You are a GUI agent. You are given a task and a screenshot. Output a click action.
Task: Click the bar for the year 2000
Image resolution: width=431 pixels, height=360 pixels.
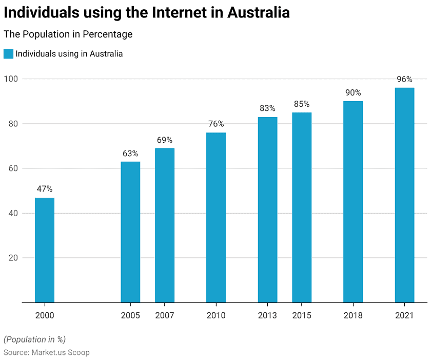pos(45,250)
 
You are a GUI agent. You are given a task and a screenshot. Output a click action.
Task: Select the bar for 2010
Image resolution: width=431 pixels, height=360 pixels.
pos(216,217)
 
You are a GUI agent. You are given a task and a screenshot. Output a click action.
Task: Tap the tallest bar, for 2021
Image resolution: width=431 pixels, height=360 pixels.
pos(404,195)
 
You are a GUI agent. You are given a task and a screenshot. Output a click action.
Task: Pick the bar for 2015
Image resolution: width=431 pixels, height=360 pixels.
pos(302,207)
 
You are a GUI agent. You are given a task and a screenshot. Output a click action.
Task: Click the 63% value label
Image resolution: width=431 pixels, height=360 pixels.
pos(130,153)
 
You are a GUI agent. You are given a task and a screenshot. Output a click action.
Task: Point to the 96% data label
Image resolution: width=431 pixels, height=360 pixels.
pos(404,79)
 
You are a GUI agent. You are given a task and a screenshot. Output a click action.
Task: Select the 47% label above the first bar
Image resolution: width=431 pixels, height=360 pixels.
pos(45,189)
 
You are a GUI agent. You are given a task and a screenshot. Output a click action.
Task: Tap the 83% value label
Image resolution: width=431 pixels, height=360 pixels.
pos(267,108)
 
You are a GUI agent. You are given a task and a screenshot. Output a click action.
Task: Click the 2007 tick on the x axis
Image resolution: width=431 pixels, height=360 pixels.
pos(165,315)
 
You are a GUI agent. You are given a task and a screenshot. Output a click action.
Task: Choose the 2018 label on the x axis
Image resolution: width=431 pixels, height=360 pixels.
pos(353,315)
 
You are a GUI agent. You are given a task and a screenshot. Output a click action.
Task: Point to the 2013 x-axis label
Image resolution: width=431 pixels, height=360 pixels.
pos(267,315)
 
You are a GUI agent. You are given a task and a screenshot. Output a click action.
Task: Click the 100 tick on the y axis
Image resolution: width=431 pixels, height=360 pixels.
pos(11,79)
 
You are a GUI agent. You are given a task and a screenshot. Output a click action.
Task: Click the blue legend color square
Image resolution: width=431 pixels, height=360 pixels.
pos(8,53)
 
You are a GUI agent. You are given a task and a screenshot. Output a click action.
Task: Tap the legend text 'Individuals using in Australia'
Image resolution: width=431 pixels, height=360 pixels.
pos(69,53)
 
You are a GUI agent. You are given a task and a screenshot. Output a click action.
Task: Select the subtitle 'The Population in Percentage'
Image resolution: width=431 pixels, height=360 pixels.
pos(68,34)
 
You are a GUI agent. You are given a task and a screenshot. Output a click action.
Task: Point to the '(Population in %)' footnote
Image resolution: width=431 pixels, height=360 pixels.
pos(35,339)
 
